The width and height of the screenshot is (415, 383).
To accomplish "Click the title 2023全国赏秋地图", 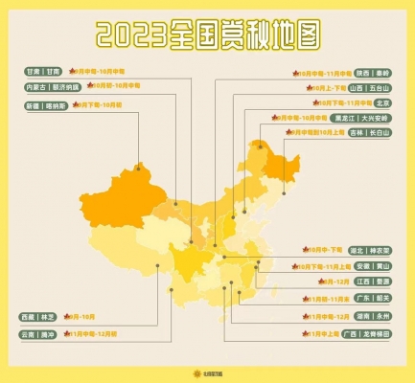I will click(x=207, y=35).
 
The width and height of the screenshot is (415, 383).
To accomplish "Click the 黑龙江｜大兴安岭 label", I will click(x=365, y=118).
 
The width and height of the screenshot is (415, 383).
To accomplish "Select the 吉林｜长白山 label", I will click(x=373, y=134).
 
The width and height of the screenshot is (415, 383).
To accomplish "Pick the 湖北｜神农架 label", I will click(x=373, y=249).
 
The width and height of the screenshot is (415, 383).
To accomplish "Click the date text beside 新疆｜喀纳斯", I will click(x=98, y=103).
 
